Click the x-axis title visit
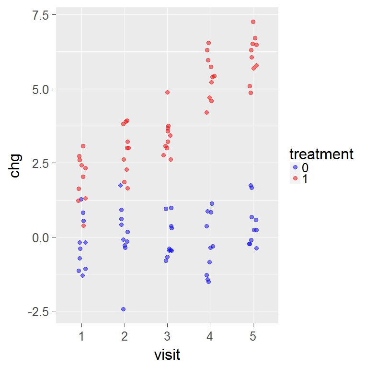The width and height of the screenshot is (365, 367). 167,355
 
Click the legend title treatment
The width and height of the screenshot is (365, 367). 321,154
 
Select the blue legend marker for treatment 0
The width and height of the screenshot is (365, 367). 295,167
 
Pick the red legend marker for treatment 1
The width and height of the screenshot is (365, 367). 295,178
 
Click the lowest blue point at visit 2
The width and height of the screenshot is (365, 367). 123,309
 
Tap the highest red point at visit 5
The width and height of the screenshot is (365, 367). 253,22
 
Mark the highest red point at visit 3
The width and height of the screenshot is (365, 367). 167,92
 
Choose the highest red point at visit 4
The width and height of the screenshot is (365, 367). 208,43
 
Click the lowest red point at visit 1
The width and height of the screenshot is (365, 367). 83,225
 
